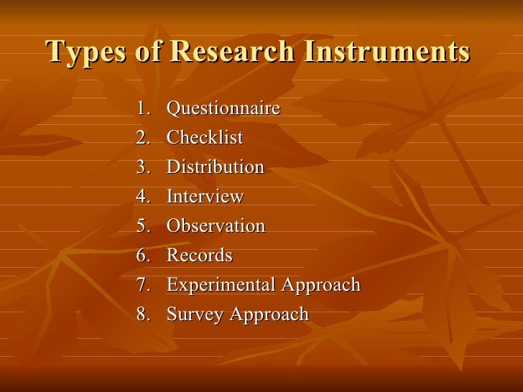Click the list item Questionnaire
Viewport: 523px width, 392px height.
click(223, 108)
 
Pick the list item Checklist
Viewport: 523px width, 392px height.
click(205, 138)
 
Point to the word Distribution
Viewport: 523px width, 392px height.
click(216, 167)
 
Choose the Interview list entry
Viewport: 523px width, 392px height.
click(205, 197)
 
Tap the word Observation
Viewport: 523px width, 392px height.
click(216, 226)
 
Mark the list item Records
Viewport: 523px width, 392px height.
click(200, 256)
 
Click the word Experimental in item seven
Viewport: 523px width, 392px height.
click(221, 285)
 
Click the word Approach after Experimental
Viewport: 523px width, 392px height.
click(320, 286)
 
